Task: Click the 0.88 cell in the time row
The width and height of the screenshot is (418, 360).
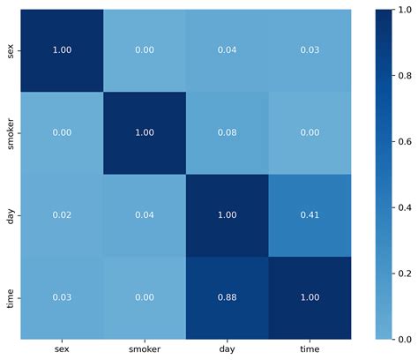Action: click(x=227, y=298)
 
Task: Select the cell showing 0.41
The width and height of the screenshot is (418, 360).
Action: click(x=310, y=215)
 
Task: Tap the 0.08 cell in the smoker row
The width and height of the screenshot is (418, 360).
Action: click(x=227, y=133)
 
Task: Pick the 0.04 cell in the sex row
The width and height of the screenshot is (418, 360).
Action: click(x=227, y=51)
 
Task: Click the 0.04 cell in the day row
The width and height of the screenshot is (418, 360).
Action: click(x=145, y=215)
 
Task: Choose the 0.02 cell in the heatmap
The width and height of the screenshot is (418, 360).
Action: click(x=62, y=215)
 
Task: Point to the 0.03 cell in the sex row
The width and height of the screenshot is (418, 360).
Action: click(x=310, y=51)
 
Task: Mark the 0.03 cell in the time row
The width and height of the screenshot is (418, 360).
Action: click(x=62, y=298)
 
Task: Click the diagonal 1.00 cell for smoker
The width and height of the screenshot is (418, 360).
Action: click(x=145, y=133)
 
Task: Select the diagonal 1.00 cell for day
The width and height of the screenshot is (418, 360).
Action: click(x=227, y=215)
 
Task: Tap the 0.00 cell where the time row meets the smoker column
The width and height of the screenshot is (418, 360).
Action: click(x=145, y=298)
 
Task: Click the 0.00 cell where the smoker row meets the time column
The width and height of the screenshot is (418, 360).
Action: click(x=310, y=133)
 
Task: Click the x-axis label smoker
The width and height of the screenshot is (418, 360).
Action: click(x=145, y=350)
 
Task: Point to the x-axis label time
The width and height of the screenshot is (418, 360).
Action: click(x=310, y=350)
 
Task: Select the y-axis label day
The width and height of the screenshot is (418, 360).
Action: click(x=11, y=215)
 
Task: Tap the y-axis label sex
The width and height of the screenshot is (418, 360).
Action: click(x=11, y=51)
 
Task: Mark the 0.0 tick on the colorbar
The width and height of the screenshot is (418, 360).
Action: click(x=407, y=339)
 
